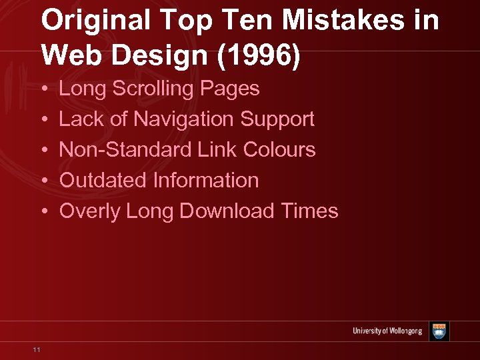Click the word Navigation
(x=184, y=119)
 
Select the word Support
(x=277, y=119)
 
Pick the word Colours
(x=279, y=149)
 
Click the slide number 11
(x=37, y=349)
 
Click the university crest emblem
(x=439, y=331)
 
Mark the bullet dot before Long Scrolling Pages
(x=43, y=89)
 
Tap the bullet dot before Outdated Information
(x=43, y=181)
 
